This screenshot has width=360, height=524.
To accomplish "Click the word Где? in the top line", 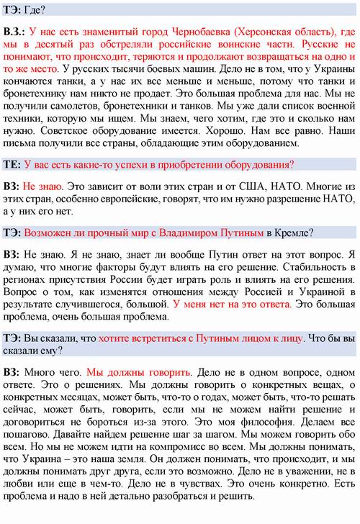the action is [34, 10].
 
